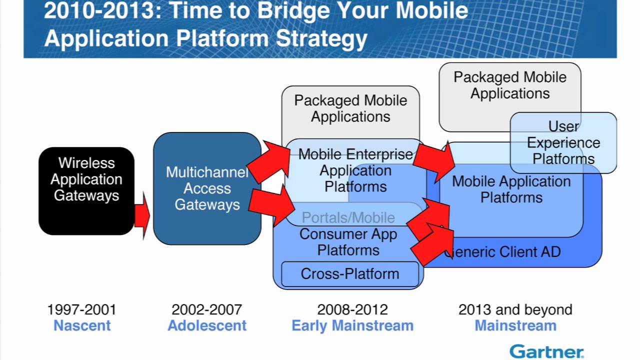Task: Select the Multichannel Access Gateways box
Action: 207,188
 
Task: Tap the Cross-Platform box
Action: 349,274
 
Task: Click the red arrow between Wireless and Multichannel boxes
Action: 142,216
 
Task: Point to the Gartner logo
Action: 546,351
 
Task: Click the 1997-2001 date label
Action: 81,309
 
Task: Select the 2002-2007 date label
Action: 206,309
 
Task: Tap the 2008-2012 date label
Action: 352,309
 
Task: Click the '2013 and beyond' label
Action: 515,309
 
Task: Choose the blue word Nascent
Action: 82,325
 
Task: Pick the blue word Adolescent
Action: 207,325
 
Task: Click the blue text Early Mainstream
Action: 352,325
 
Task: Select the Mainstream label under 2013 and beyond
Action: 515,325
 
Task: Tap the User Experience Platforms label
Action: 563,143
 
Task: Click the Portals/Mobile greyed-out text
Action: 348,217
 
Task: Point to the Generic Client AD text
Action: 505,252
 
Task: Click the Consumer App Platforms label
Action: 348,242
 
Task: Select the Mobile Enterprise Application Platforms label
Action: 355,170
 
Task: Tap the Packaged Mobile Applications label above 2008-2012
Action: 350,108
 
